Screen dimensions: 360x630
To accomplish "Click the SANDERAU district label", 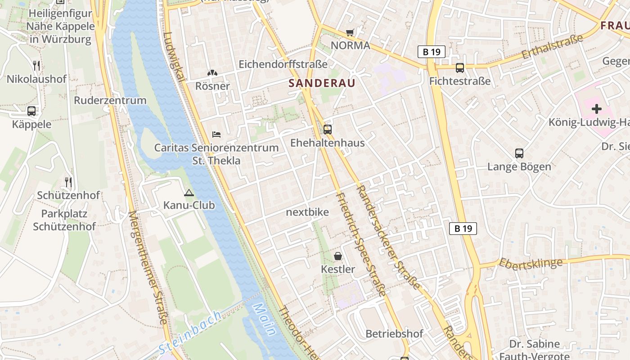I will [x=322, y=83].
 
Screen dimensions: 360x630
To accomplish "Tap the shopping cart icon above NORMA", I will [x=350, y=32].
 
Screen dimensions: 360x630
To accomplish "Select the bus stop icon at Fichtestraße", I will [x=459, y=68].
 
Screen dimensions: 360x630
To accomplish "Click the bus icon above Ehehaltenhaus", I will [x=328, y=130].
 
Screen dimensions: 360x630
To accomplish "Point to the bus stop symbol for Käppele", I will [x=31, y=111].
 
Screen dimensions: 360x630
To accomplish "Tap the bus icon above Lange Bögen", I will [x=519, y=153].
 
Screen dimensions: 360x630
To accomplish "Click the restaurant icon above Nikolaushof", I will [x=36, y=66].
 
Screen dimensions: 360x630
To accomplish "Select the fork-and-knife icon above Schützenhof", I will [x=68, y=182].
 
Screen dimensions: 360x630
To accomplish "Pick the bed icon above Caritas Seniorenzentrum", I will [x=216, y=135].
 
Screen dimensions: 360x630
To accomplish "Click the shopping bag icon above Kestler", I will [x=338, y=256].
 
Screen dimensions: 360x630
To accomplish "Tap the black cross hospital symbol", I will [x=596, y=108].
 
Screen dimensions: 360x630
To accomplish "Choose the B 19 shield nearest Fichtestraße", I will [x=431, y=52].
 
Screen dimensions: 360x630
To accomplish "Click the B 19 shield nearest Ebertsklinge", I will [x=463, y=229].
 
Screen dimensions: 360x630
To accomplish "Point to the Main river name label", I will [x=264, y=319].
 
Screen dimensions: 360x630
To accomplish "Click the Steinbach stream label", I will [x=190, y=332].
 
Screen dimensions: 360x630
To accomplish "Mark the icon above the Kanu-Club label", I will [x=189, y=193].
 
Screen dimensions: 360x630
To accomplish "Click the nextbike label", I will [x=307, y=212].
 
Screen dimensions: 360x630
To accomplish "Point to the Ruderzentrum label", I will [x=110, y=100].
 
